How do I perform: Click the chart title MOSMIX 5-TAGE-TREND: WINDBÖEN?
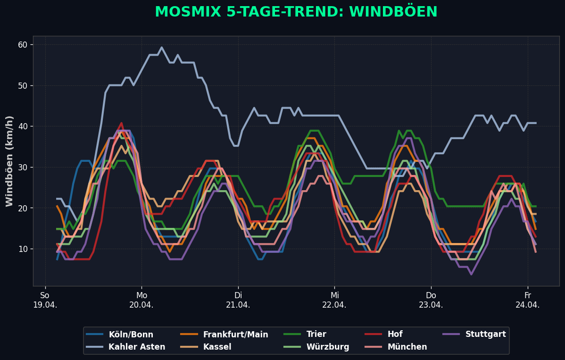pos(296,12)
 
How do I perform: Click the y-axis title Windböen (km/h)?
pos(10,161)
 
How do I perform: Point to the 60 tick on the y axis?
pos(23,45)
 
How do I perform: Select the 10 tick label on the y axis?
pos(23,249)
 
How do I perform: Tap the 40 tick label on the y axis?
pos(23,126)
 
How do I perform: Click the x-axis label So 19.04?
pos(45,300)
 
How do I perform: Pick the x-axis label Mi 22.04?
pos(334,300)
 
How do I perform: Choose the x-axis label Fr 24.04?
pos(527,300)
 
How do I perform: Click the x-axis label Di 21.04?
pos(238,300)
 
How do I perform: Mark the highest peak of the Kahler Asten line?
pos(161,47)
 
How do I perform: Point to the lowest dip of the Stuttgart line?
pos(471,274)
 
